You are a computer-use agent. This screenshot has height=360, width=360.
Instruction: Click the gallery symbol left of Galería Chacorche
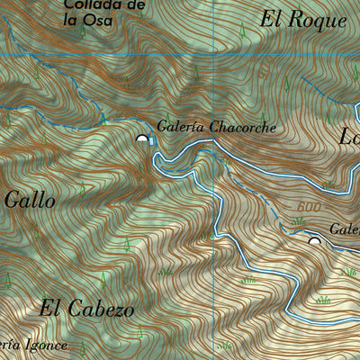[142, 139]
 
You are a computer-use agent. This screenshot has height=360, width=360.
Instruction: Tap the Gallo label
[30, 200]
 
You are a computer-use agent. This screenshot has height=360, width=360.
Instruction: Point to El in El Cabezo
[51, 308]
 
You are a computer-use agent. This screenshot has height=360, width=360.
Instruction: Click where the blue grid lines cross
[213, 56]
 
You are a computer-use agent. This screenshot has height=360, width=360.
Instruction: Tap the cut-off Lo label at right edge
[348, 137]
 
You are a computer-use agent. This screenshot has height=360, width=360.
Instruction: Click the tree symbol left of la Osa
[81, 30]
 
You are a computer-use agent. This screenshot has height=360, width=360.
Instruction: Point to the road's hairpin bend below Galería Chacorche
[158, 160]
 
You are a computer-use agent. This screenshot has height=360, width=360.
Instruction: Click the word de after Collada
[135, 6]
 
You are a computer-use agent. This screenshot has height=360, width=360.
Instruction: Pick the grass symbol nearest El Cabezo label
[165, 270]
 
